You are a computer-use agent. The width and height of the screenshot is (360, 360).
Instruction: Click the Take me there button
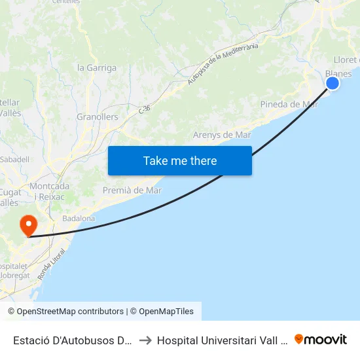(x=180, y=160)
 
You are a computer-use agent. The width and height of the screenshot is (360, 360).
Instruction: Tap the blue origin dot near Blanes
(x=333, y=82)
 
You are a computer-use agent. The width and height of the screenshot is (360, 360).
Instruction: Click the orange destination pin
(x=29, y=226)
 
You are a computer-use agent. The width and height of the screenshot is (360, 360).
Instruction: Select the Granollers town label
(x=98, y=117)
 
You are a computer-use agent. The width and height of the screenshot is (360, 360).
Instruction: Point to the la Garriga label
(x=97, y=67)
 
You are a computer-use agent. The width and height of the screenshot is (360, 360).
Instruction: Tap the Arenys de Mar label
(x=222, y=135)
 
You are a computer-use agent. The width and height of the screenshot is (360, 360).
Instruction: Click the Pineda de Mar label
(x=289, y=104)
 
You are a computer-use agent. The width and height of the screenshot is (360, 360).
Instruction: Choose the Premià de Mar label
(x=132, y=190)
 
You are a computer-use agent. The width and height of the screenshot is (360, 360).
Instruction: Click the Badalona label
(x=79, y=219)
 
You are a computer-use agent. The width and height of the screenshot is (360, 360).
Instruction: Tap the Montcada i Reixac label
(x=50, y=191)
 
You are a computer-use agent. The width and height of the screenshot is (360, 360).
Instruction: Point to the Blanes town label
(x=338, y=74)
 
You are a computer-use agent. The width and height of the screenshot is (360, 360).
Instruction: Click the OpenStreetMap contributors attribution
(x=65, y=312)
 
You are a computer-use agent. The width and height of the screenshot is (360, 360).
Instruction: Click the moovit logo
(x=321, y=339)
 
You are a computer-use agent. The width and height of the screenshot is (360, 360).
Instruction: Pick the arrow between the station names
(x=146, y=340)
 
